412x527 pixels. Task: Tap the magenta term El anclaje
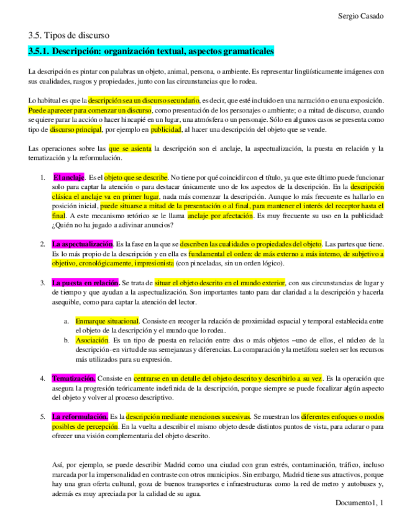(x=69, y=177)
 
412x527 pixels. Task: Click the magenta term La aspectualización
(x=83, y=244)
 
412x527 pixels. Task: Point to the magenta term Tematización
(x=74, y=378)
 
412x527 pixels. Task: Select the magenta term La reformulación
(x=80, y=416)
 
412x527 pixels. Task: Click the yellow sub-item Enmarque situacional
(x=107, y=321)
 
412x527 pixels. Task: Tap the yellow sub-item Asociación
(x=93, y=340)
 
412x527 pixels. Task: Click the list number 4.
(x=43, y=378)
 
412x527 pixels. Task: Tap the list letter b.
(x=66, y=340)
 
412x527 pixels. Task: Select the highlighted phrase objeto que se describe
(x=136, y=177)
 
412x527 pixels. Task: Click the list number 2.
(x=43, y=244)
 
